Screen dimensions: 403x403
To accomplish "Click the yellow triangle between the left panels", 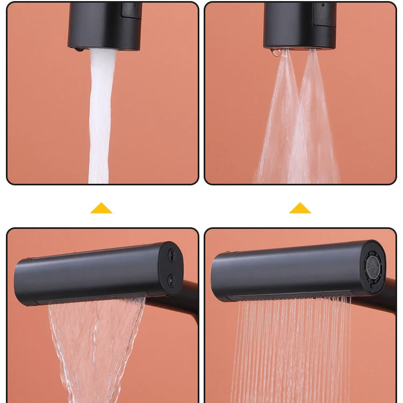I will (x=101, y=208).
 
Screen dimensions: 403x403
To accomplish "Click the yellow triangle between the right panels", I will (x=300, y=208).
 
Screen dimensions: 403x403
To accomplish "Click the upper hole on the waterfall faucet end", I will (x=171, y=255).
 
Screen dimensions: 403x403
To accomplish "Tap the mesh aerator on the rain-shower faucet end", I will (x=373, y=265).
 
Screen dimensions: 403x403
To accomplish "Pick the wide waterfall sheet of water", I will (x=97, y=344).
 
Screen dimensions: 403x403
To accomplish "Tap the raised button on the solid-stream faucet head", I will (x=131, y=9).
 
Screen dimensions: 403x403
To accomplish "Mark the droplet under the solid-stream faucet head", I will (x=80, y=49).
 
